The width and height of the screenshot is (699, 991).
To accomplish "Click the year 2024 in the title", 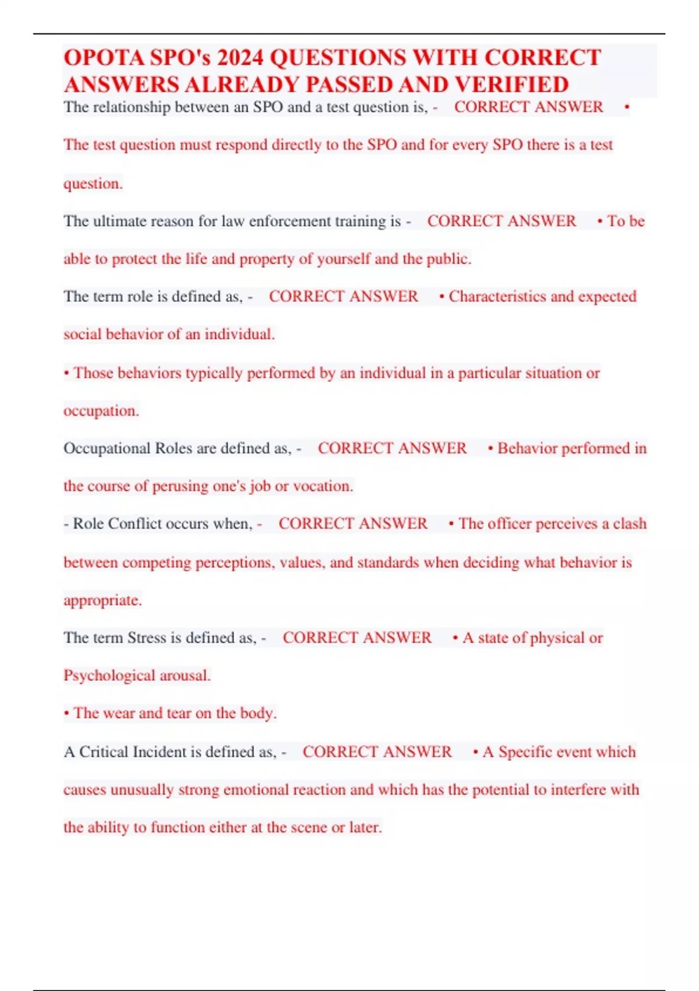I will click(x=241, y=58).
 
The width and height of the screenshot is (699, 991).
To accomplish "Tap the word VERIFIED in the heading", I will click(x=512, y=85).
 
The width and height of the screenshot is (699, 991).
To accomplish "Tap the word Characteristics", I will click(x=497, y=297).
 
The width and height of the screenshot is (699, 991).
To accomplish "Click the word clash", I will click(x=630, y=523).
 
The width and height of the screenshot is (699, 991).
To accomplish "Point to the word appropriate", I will click(x=102, y=600).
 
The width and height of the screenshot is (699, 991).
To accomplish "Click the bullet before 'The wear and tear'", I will click(x=66, y=714).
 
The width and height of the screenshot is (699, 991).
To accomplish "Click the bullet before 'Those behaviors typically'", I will click(x=66, y=373).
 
